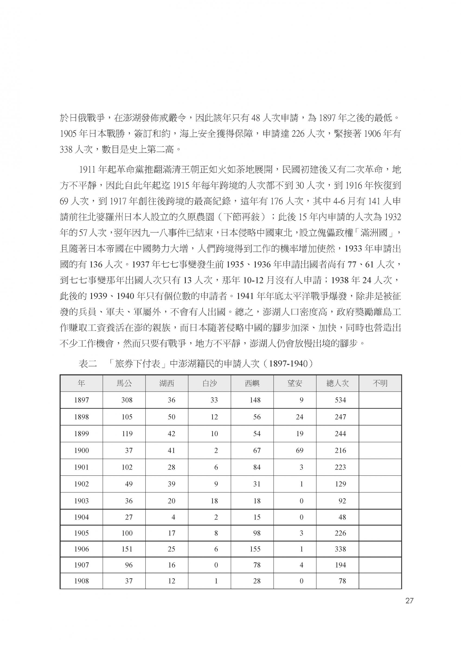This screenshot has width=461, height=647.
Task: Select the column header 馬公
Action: click(124, 384)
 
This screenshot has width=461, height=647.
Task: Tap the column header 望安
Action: click(295, 384)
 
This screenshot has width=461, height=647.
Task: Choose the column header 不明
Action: click(380, 384)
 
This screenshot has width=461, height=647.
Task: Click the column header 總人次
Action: click(337, 384)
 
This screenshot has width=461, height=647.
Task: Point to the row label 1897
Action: click(81, 400)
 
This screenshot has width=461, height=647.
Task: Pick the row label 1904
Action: click(81, 517)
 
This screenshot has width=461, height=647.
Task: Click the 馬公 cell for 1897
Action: click(127, 400)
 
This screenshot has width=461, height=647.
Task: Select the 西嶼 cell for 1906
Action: click(255, 549)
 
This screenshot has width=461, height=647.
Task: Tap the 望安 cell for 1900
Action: click(299, 451)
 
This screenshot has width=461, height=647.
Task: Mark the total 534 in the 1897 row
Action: click(340, 400)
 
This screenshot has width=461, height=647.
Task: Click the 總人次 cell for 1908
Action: click(342, 581)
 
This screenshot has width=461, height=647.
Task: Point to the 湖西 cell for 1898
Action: click(171, 417)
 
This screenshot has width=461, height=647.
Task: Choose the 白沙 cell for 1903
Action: click(214, 501)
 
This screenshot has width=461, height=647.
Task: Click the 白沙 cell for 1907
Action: click(216, 565)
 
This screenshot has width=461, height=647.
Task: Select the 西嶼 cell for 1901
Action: click(257, 467)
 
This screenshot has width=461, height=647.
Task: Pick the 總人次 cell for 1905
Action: click(340, 533)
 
